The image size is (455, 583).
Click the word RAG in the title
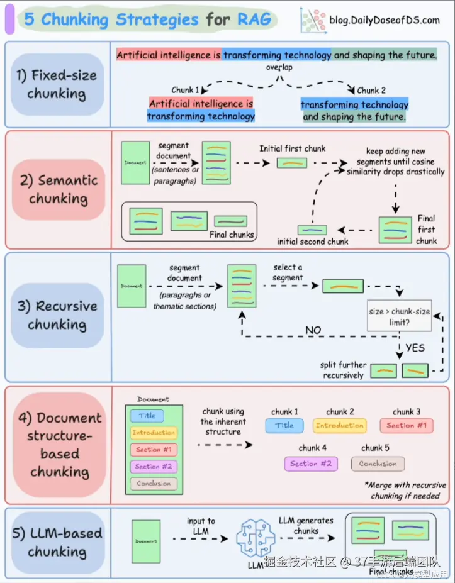pos(254,19)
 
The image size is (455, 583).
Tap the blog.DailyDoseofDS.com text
pos(385,20)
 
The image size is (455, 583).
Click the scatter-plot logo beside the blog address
pos(313,20)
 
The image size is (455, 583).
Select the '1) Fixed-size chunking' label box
pos(57,84)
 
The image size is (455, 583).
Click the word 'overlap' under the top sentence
pos(278,66)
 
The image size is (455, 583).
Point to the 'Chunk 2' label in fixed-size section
pos(371,90)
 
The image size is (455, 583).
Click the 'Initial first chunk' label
pos(293,148)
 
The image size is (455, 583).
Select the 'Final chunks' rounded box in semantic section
pos(189,221)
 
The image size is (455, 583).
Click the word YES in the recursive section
pos(415,348)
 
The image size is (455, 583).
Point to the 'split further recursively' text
pos(343,370)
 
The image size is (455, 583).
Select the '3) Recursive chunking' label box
pos(57,315)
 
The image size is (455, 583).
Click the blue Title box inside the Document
pos(147,416)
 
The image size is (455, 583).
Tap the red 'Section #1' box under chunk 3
pos(407,426)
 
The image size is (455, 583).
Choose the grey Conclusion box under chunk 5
pos(378,464)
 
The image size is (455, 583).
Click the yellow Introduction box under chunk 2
pos(340,426)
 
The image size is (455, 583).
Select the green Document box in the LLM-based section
pos(145,541)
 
